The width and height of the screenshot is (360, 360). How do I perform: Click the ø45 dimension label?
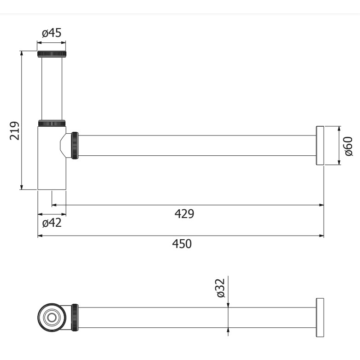tap(52, 33)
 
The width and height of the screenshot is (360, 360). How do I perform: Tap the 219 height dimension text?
tap(14, 130)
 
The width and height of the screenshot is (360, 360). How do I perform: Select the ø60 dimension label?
tap(348, 146)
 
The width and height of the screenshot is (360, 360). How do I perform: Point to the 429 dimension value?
tap(184, 214)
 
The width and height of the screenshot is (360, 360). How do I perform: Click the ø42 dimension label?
tap(52, 223)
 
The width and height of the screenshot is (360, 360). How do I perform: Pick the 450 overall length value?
tap(182, 244)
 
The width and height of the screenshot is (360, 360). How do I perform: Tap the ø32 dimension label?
tap(221, 288)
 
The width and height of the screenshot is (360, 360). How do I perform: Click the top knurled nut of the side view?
tap(52, 54)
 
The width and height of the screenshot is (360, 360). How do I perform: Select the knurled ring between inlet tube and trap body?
tap(52, 123)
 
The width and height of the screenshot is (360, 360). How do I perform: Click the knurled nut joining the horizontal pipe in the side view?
tap(75, 145)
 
